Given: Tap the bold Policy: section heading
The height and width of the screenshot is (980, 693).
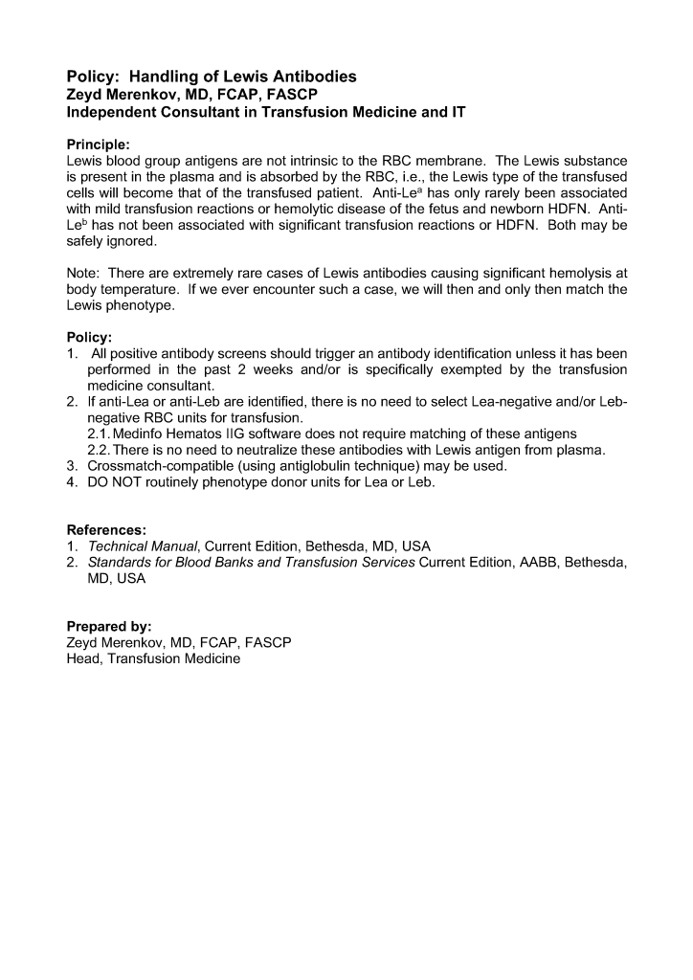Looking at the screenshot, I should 89,338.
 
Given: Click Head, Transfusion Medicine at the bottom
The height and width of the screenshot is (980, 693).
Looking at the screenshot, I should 153,659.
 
